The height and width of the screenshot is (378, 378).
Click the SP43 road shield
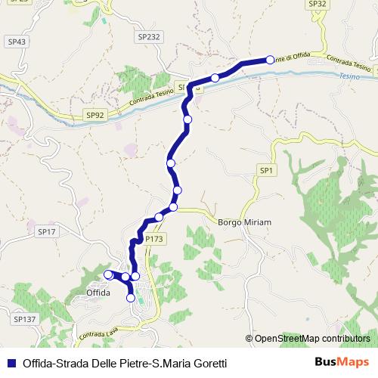16,42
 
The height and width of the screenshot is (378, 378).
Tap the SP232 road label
150,36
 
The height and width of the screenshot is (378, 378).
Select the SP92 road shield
94,114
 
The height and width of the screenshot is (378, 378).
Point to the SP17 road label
47,232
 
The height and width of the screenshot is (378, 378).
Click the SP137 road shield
25,320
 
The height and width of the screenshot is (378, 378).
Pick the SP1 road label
265,172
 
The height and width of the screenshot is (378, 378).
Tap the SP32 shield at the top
318,4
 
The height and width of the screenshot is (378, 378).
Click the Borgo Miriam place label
244,222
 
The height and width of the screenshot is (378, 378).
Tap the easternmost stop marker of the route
270,59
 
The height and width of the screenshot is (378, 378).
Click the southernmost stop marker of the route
131,298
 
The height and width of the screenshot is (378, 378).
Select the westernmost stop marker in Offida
108,274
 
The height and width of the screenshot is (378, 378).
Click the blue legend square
12,362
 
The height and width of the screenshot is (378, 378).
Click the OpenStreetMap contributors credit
311,339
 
